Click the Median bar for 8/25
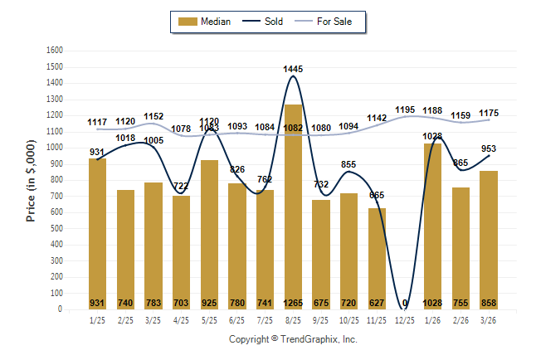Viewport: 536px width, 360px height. (293, 207)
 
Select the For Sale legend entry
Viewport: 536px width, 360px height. (329, 22)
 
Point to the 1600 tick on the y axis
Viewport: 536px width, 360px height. (56, 51)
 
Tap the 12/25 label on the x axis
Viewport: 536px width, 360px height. (405, 320)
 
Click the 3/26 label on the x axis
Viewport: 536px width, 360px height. (489, 320)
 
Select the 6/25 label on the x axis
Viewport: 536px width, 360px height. (237, 320)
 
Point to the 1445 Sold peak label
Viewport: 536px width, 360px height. (293, 69)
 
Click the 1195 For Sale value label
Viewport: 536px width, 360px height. (405, 109)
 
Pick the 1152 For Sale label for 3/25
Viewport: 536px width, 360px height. (153, 117)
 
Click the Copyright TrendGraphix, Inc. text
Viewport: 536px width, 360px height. (293, 339)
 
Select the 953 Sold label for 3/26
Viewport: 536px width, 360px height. (489, 149)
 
